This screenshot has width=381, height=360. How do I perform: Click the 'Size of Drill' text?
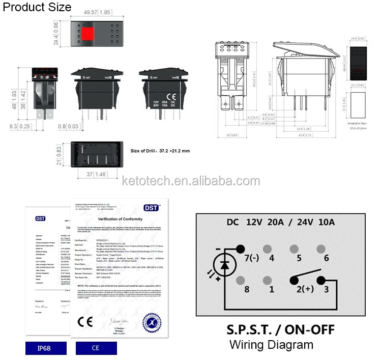click(160, 151)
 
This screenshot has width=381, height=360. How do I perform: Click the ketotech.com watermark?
click(191, 181)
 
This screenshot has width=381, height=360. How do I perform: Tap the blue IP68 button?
click(45, 348)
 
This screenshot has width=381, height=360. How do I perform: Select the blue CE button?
click(96, 348)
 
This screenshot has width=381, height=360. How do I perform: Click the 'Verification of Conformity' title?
click(118, 218)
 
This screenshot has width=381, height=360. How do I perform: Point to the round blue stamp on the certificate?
click(151, 322)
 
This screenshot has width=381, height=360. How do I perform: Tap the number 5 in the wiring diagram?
click(299, 258)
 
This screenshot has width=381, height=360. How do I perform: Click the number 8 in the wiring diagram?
click(247, 289)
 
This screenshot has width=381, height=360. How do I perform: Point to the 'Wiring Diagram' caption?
click(271, 345)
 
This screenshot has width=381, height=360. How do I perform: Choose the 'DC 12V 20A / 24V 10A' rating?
click(280, 222)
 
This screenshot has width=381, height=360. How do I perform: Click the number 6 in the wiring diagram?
click(326, 258)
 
